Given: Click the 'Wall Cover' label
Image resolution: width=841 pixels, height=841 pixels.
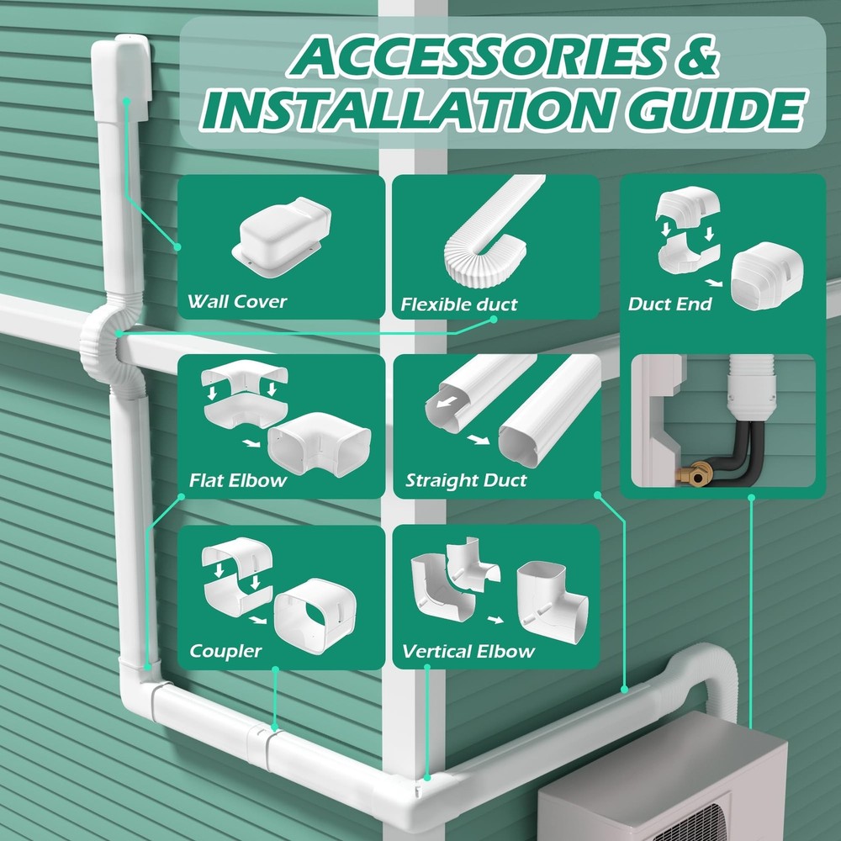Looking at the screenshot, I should pos(237,301).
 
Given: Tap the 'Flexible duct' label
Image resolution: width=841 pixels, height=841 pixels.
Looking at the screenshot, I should pos(459,304).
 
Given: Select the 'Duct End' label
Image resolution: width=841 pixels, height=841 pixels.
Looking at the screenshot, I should pos(669,304).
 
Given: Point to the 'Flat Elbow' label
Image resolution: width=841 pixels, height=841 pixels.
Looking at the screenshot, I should pos(238,481).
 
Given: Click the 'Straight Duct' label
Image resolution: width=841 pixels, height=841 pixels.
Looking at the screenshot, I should pos(466,481).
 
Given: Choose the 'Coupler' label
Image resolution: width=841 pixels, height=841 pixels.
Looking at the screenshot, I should pos(225,651).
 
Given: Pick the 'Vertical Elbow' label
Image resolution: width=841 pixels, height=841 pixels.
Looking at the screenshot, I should pos(468,651).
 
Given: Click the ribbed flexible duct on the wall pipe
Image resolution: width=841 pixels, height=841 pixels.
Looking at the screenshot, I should pos(100,346).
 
